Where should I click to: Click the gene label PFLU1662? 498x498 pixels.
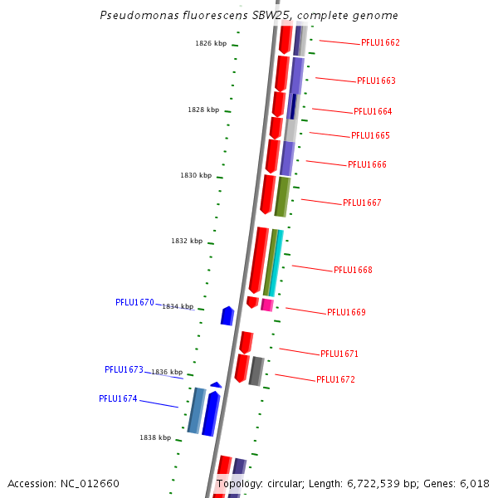(x=380, y=42)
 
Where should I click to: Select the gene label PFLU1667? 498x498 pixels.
(x=362, y=203)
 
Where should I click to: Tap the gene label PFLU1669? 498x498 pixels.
(x=346, y=312)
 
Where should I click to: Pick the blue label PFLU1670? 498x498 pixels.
(x=134, y=303)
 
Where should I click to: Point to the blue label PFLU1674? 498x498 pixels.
(x=118, y=398)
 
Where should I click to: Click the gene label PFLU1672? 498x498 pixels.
(x=335, y=379)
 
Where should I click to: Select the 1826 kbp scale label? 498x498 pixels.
(x=211, y=43)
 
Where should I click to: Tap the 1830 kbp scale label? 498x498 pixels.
(x=196, y=176)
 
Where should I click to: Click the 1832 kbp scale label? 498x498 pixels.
(x=187, y=241)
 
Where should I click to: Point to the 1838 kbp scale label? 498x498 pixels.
(x=155, y=437)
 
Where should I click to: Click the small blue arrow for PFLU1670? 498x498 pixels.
(x=227, y=315)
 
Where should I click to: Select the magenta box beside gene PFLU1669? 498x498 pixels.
(x=267, y=305)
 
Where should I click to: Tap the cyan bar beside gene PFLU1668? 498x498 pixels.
(x=276, y=262)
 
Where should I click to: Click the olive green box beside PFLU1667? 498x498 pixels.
(x=282, y=197)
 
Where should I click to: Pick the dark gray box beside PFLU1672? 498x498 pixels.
(x=256, y=371)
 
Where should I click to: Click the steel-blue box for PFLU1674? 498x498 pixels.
(x=196, y=410)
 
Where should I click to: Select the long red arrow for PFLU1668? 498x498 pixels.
(x=258, y=259)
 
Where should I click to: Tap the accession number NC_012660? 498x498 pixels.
(x=91, y=484)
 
